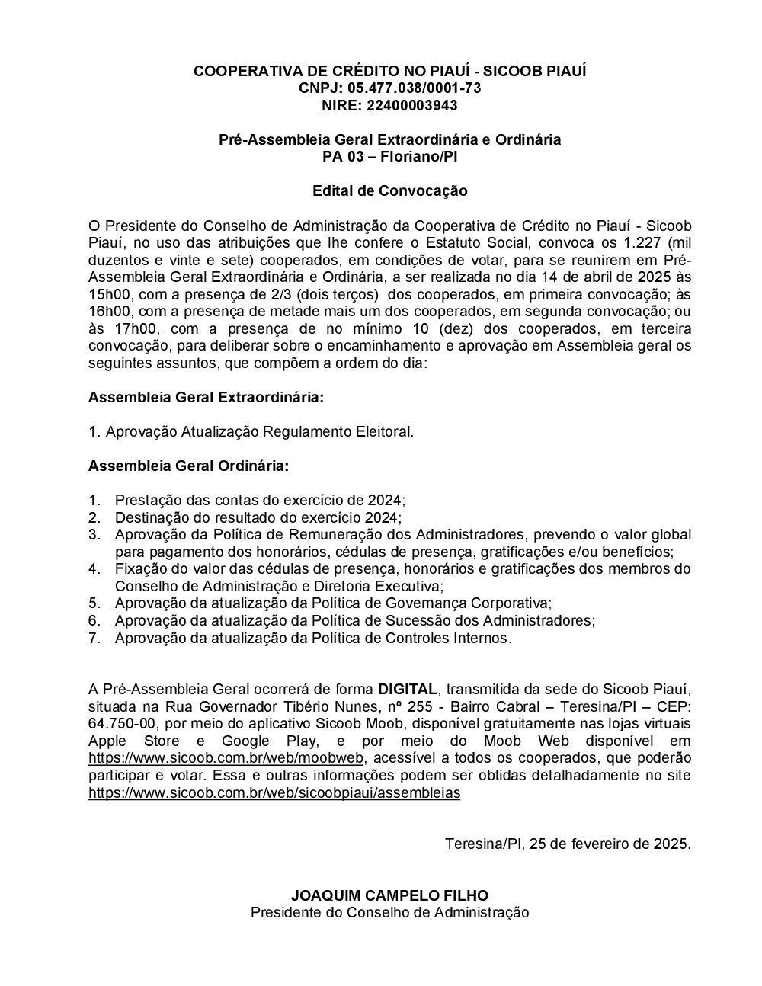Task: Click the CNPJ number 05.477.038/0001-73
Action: pyautogui.click(x=414, y=88)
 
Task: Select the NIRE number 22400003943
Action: pyautogui.click(x=412, y=105)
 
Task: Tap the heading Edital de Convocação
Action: pyautogui.click(x=389, y=190)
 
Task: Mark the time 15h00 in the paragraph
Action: pyautogui.click(x=107, y=294)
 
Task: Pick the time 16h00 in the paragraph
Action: pyautogui.click(x=107, y=312)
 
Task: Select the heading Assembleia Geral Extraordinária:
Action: pyautogui.click(x=206, y=398)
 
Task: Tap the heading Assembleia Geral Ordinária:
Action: pyautogui.click(x=188, y=466)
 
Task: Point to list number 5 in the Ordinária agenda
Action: pyautogui.click(x=94, y=603)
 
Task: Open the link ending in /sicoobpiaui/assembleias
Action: pyautogui.click(x=274, y=792)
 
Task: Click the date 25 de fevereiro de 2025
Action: pyautogui.click(x=609, y=844)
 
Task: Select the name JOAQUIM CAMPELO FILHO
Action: pyautogui.click(x=389, y=895)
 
